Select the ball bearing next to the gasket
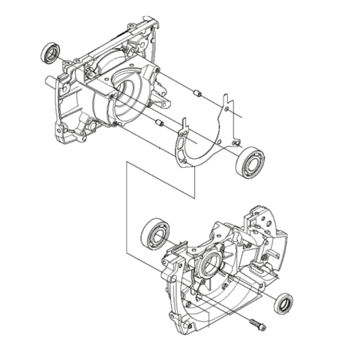[251, 161]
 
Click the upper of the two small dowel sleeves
[197, 93]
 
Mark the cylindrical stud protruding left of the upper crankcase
[50, 80]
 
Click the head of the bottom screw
[262, 328]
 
